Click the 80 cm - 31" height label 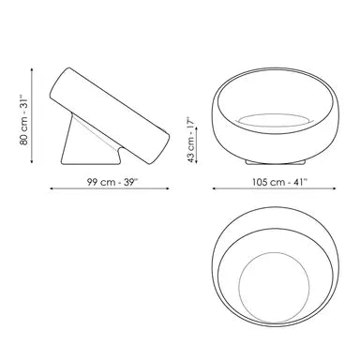pyautogui.click(x=23, y=120)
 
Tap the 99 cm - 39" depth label pyautogui.click(x=112, y=182)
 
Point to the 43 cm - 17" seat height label pyautogui.click(x=191, y=140)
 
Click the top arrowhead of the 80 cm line pyautogui.click(x=32, y=70)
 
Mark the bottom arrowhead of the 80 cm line pyautogui.click(x=32, y=161)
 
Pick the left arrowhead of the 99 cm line pyautogui.click(x=52, y=188)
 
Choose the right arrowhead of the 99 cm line pyautogui.click(x=168, y=188)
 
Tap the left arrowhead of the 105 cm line pyautogui.click(x=215, y=188)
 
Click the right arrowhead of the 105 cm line pyautogui.click(x=334, y=188)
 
